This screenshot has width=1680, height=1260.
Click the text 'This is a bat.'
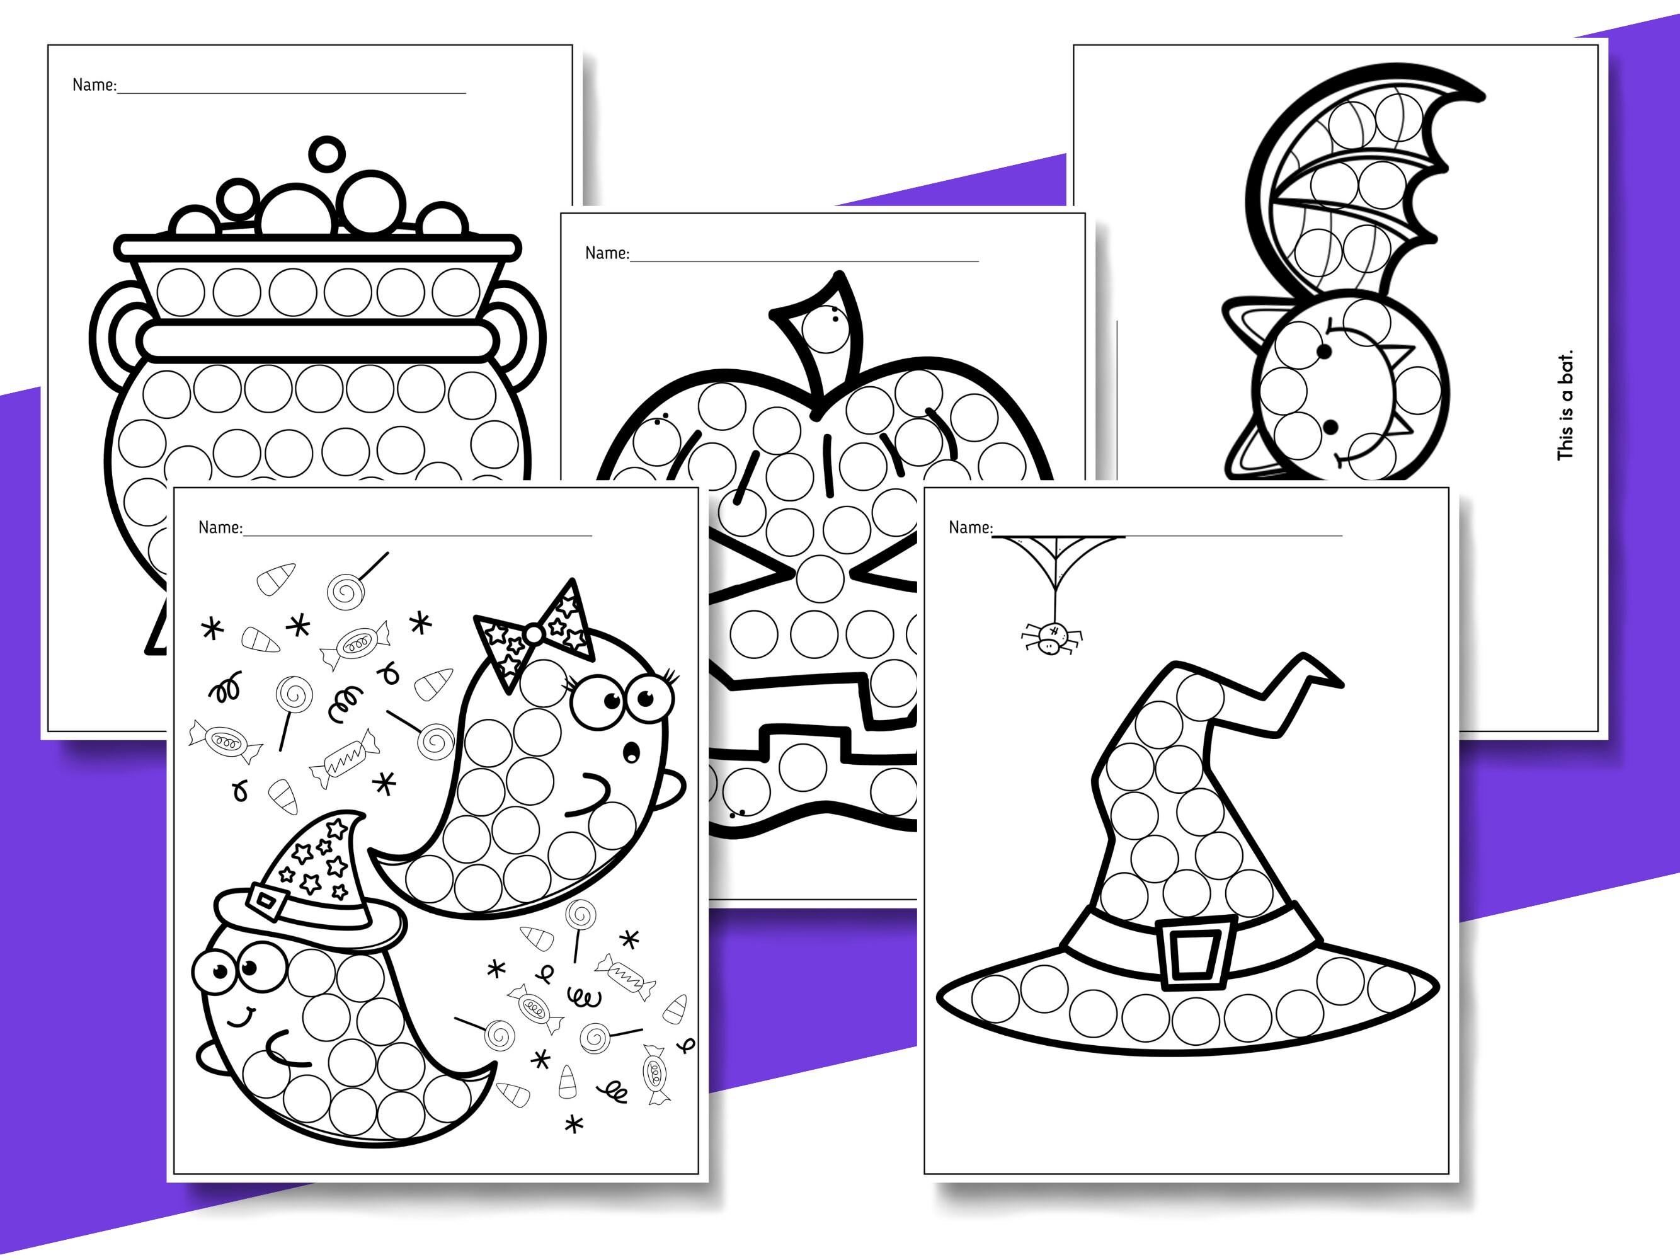pyautogui.click(x=1565, y=406)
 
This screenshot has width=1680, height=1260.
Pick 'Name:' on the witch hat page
pyautogui.click(x=970, y=528)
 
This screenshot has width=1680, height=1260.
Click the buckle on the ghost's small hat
pyautogui.click(x=267, y=902)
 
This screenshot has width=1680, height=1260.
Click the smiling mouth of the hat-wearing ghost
pyautogui.click(x=243, y=1016)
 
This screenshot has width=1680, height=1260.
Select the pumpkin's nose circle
pyautogui.click(x=820, y=578)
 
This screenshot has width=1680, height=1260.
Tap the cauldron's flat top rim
pyautogui.click(x=317, y=248)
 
